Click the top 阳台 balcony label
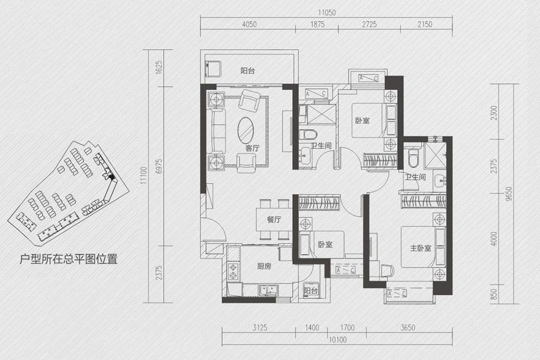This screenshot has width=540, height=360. (x=248, y=71)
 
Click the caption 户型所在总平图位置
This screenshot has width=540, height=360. (x=68, y=259)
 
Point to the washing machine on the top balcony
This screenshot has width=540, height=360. (x=214, y=68)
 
